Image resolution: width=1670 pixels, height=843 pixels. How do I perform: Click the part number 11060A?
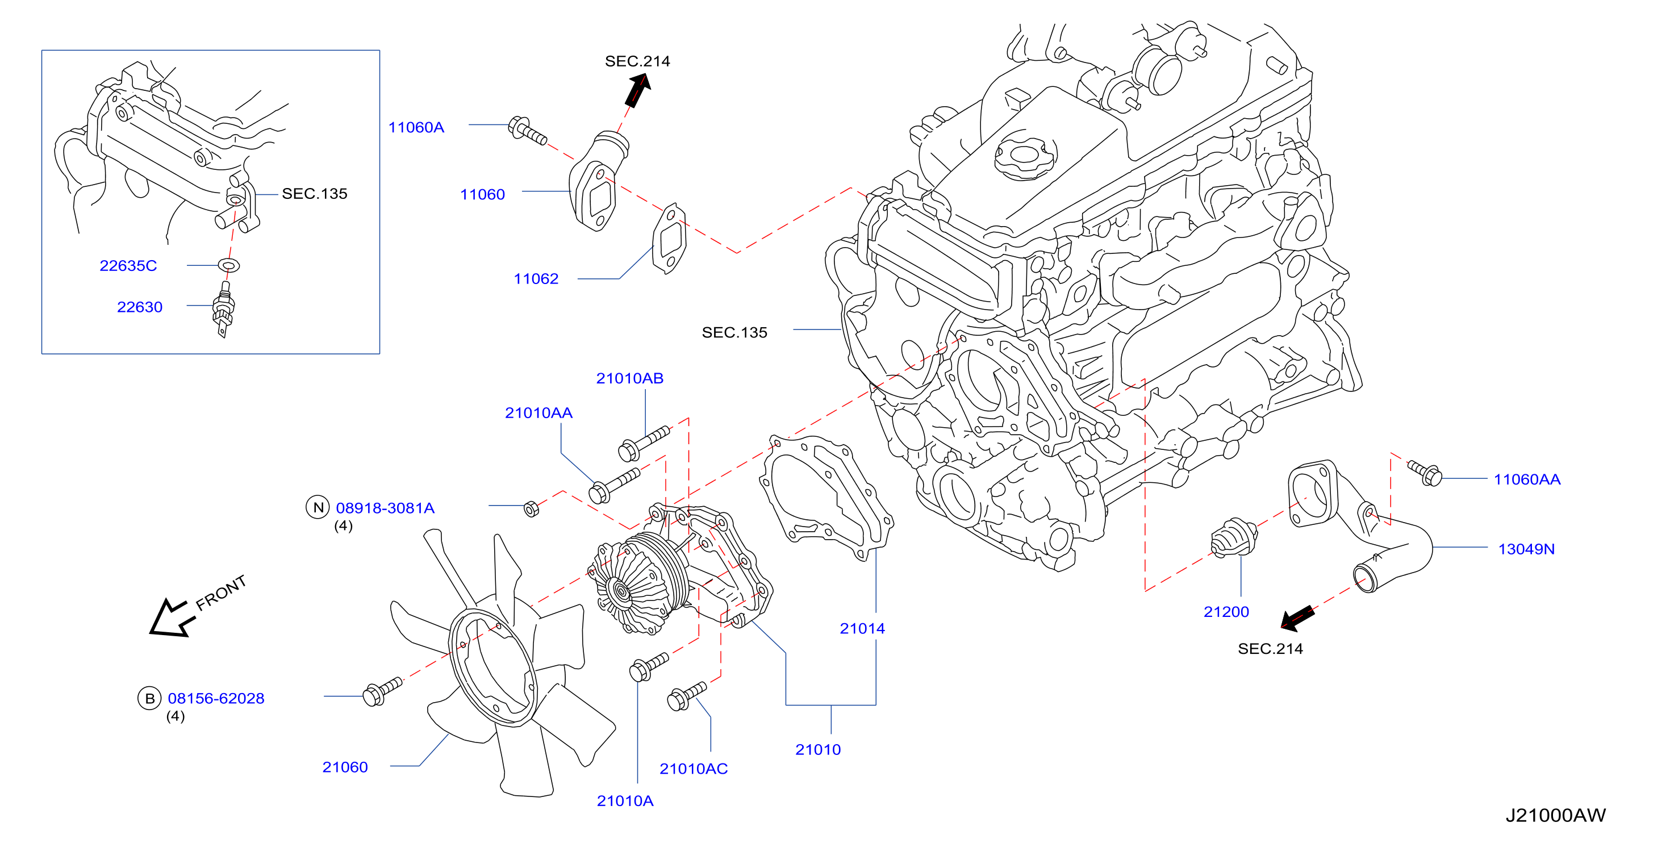416,127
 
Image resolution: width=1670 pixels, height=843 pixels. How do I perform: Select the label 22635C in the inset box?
128,265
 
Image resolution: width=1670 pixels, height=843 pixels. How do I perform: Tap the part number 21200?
1226,611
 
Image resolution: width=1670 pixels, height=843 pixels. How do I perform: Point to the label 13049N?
1526,549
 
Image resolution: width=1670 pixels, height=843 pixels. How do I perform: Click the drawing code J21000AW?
1555,815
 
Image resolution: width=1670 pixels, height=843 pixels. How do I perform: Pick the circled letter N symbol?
318,507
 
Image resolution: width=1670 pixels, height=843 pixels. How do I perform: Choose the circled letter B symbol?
149,698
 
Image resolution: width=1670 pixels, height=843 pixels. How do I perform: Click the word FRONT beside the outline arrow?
221,592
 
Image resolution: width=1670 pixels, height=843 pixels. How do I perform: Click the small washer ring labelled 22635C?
229,265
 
